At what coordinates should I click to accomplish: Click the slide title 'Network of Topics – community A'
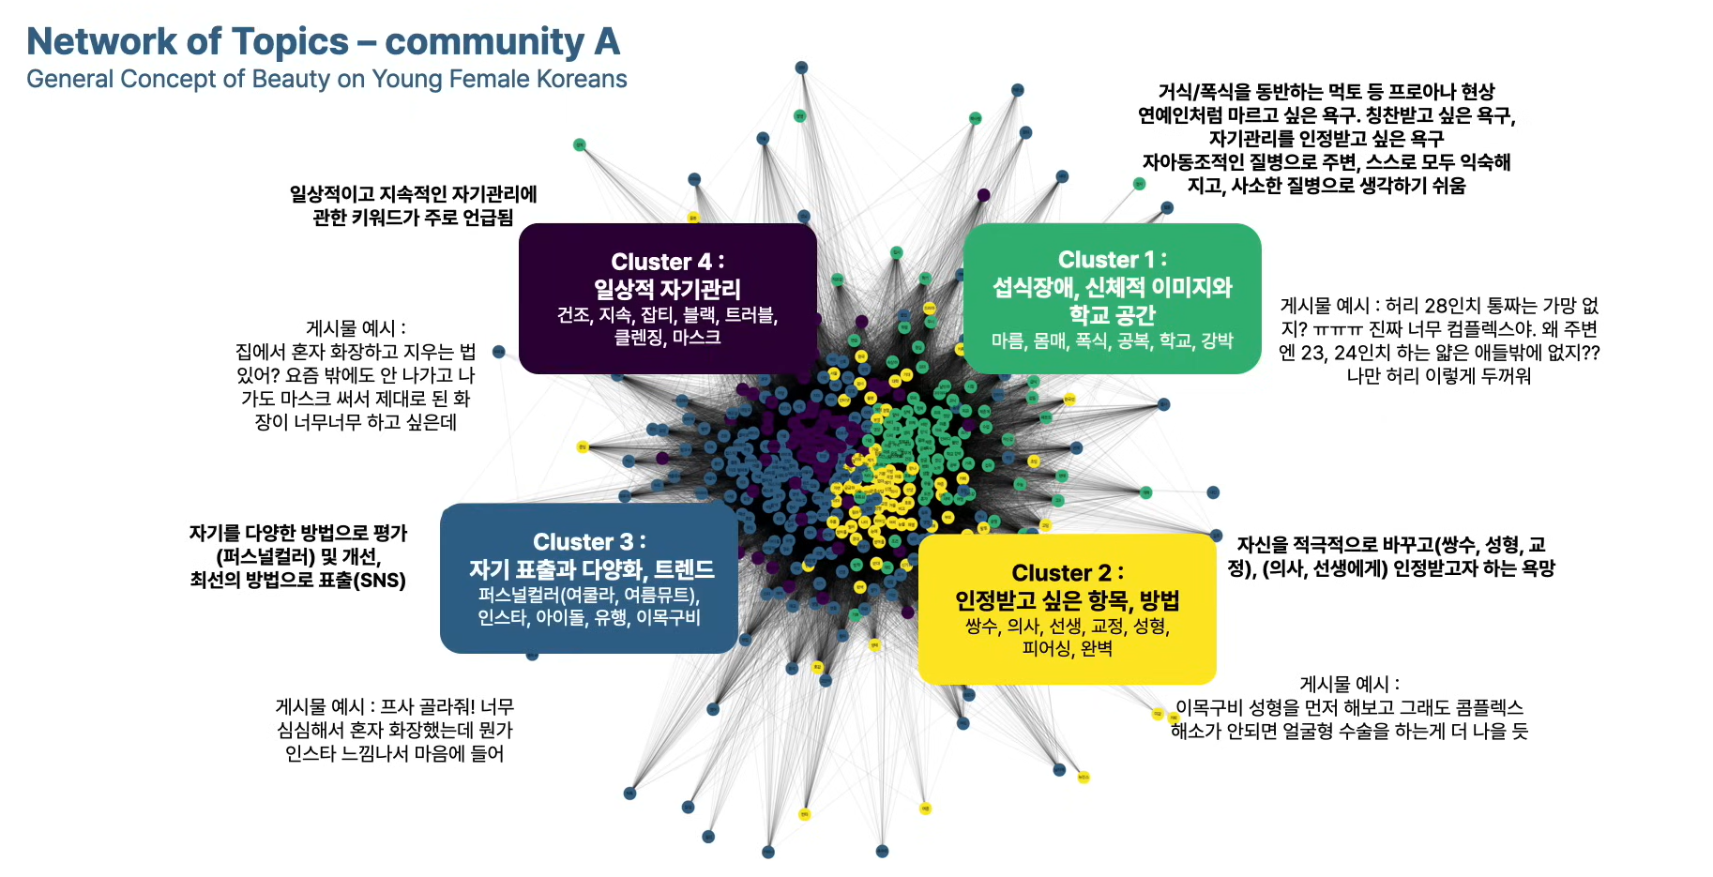(323, 42)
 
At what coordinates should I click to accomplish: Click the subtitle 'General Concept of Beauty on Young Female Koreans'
(326, 79)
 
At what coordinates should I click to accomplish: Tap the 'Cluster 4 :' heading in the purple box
(667, 262)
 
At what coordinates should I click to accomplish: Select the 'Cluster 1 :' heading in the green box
(1112, 260)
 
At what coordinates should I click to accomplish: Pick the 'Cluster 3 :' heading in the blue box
(589, 542)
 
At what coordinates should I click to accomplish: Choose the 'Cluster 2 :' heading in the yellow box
(1067, 573)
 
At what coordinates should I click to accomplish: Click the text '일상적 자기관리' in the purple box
(667, 289)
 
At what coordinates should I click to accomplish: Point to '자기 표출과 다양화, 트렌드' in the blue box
(591, 569)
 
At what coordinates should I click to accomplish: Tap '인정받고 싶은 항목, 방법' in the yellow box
(1067, 600)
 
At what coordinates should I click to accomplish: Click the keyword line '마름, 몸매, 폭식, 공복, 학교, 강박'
(1112, 340)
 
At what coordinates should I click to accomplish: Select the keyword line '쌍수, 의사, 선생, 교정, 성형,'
(1067, 626)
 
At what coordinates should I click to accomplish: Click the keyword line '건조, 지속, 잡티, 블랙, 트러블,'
(667, 314)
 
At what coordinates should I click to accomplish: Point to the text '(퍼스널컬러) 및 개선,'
(298, 556)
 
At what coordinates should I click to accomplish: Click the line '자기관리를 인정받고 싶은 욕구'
(1326, 139)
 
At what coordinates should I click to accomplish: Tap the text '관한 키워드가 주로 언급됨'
(413, 218)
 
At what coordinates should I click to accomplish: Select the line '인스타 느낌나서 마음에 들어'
(394, 753)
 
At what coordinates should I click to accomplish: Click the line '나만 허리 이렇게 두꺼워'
(1438, 376)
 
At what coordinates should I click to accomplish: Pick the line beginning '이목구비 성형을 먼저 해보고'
(1348, 707)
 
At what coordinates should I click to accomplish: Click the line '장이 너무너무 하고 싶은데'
(356, 422)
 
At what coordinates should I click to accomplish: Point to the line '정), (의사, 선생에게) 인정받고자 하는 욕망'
(1390, 568)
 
